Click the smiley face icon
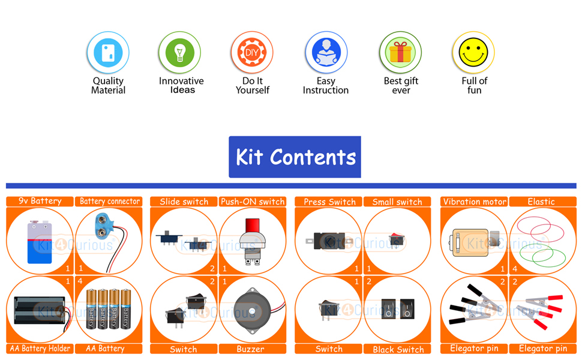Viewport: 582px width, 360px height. (473, 53)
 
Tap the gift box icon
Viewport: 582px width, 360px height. (400, 53)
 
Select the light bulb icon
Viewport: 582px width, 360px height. (179, 53)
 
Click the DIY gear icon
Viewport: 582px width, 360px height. (252, 53)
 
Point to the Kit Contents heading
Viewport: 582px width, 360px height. (295, 157)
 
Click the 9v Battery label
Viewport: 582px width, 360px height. (40, 202)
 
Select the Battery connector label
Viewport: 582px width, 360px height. (109, 202)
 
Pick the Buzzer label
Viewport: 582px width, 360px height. (250, 349)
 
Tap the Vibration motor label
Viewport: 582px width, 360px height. (475, 202)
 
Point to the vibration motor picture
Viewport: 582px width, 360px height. (471, 242)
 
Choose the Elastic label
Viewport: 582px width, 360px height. (541, 202)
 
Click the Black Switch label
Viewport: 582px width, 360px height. (398, 349)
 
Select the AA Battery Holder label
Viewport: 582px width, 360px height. (40, 349)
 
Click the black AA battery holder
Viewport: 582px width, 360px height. (38, 310)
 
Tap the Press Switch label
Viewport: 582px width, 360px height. (329, 202)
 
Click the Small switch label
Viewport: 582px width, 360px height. (397, 202)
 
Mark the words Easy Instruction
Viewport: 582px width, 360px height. (325, 86)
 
